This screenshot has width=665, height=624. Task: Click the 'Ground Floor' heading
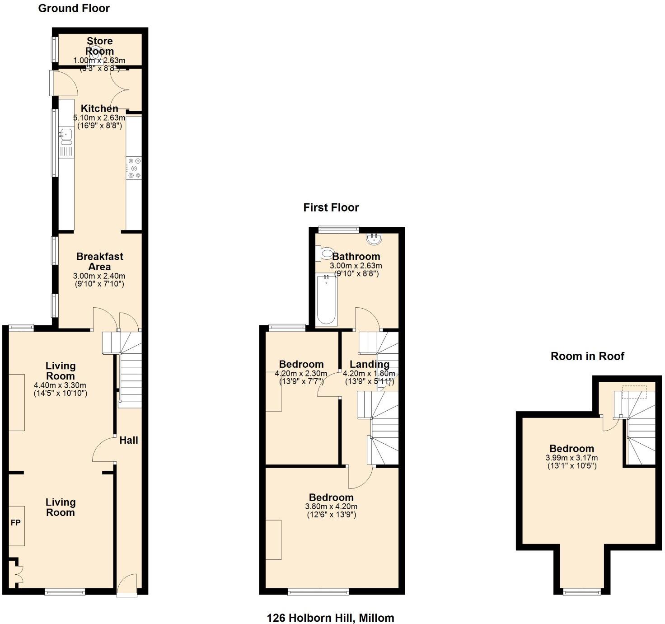74,8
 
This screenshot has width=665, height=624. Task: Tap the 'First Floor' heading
331,207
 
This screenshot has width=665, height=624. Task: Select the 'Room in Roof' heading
587,356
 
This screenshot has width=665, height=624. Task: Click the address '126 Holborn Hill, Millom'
330,617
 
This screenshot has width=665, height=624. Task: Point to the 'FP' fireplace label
16,523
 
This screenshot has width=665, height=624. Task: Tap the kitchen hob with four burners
134,168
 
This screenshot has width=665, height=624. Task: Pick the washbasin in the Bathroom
375,238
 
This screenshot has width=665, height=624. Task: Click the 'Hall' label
129,440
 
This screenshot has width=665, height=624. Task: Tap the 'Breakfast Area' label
99,261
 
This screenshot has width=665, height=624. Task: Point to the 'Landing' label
369,364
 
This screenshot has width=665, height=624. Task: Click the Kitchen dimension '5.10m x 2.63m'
99,118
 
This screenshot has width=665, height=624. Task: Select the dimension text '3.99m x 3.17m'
571,458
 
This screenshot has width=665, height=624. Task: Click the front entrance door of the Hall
127,585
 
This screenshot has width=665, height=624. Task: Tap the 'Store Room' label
99,46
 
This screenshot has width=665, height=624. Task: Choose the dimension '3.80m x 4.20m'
331,507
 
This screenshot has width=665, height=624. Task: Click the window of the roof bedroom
582,591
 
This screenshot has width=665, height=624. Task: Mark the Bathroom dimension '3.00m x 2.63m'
356,266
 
